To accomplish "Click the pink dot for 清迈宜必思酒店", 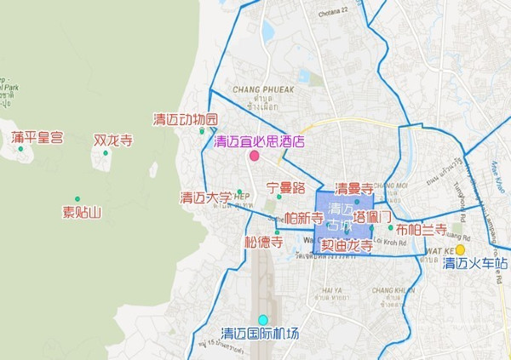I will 254,156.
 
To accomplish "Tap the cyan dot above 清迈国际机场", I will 263,319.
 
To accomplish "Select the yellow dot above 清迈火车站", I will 460,249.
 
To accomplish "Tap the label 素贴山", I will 82,212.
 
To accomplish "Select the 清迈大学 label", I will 205,198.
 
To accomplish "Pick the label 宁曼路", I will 285,186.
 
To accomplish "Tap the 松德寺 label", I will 263,243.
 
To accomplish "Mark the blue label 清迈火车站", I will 475,263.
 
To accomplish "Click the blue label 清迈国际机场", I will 260,333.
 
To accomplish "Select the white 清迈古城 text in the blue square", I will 341,217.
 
